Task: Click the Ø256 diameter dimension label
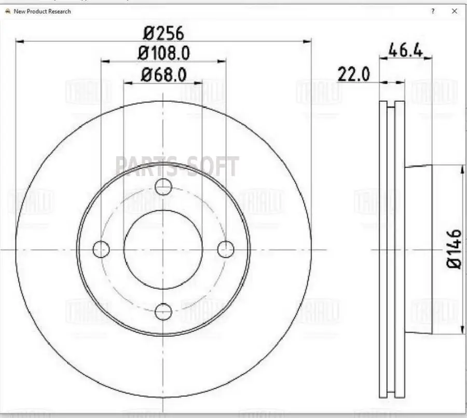click(x=163, y=33)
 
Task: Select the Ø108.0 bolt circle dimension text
click(x=163, y=53)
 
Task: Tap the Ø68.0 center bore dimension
click(x=163, y=75)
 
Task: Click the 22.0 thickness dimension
click(x=354, y=74)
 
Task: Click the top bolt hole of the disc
click(x=163, y=187)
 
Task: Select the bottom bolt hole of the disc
click(x=163, y=312)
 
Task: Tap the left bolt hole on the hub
click(x=101, y=249)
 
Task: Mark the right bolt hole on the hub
click(x=226, y=249)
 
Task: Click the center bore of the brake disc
click(x=163, y=249)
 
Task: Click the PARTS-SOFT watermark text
click(x=177, y=167)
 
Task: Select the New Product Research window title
click(x=42, y=11)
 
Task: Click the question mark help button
click(x=433, y=11)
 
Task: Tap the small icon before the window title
click(x=8, y=11)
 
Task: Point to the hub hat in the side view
click(x=418, y=249)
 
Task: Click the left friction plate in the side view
click(x=383, y=249)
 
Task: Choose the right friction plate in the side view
click(x=400, y=249)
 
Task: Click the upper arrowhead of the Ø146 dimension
click(x=462, y=169)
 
